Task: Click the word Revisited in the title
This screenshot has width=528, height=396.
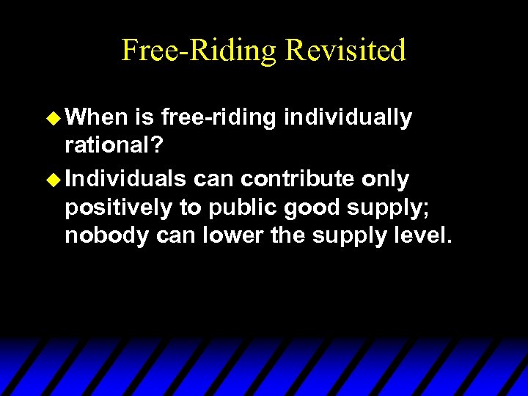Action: [x=345, y=50]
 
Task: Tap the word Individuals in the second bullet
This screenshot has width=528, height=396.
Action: [x=125, y=178]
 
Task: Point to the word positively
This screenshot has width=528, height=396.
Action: [x=118, y=208]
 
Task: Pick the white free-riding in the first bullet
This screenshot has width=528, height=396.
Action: [x=219, y=117]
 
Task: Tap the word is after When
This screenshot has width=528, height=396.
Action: [x=144, y=117]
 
